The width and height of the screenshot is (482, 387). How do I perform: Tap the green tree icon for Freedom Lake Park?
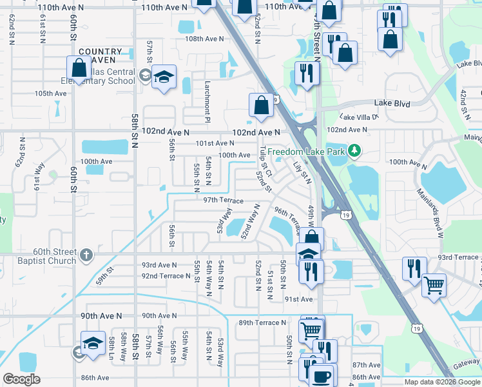coord(353,152)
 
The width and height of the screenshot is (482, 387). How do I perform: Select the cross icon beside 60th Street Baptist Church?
coord(86,256)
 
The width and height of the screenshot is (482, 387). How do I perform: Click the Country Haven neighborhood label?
coord(100,55)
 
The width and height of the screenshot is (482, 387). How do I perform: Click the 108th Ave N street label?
coord(204,39)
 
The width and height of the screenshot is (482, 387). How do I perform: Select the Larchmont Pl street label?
coord(207,102)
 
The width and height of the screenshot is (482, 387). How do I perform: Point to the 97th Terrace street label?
coord(223,201)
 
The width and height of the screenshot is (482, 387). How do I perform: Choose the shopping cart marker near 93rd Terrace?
coord(434,284)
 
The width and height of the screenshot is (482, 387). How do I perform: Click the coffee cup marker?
coord(321,377)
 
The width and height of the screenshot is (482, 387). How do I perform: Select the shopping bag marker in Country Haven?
coord(78,68)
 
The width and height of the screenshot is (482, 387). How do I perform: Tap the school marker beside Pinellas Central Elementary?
coord(164,77)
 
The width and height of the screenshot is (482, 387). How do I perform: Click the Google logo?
coord(21,379)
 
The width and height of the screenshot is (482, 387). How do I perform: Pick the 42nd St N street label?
coord(463,103)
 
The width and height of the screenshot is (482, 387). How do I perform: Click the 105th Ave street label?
coord(51,94)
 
